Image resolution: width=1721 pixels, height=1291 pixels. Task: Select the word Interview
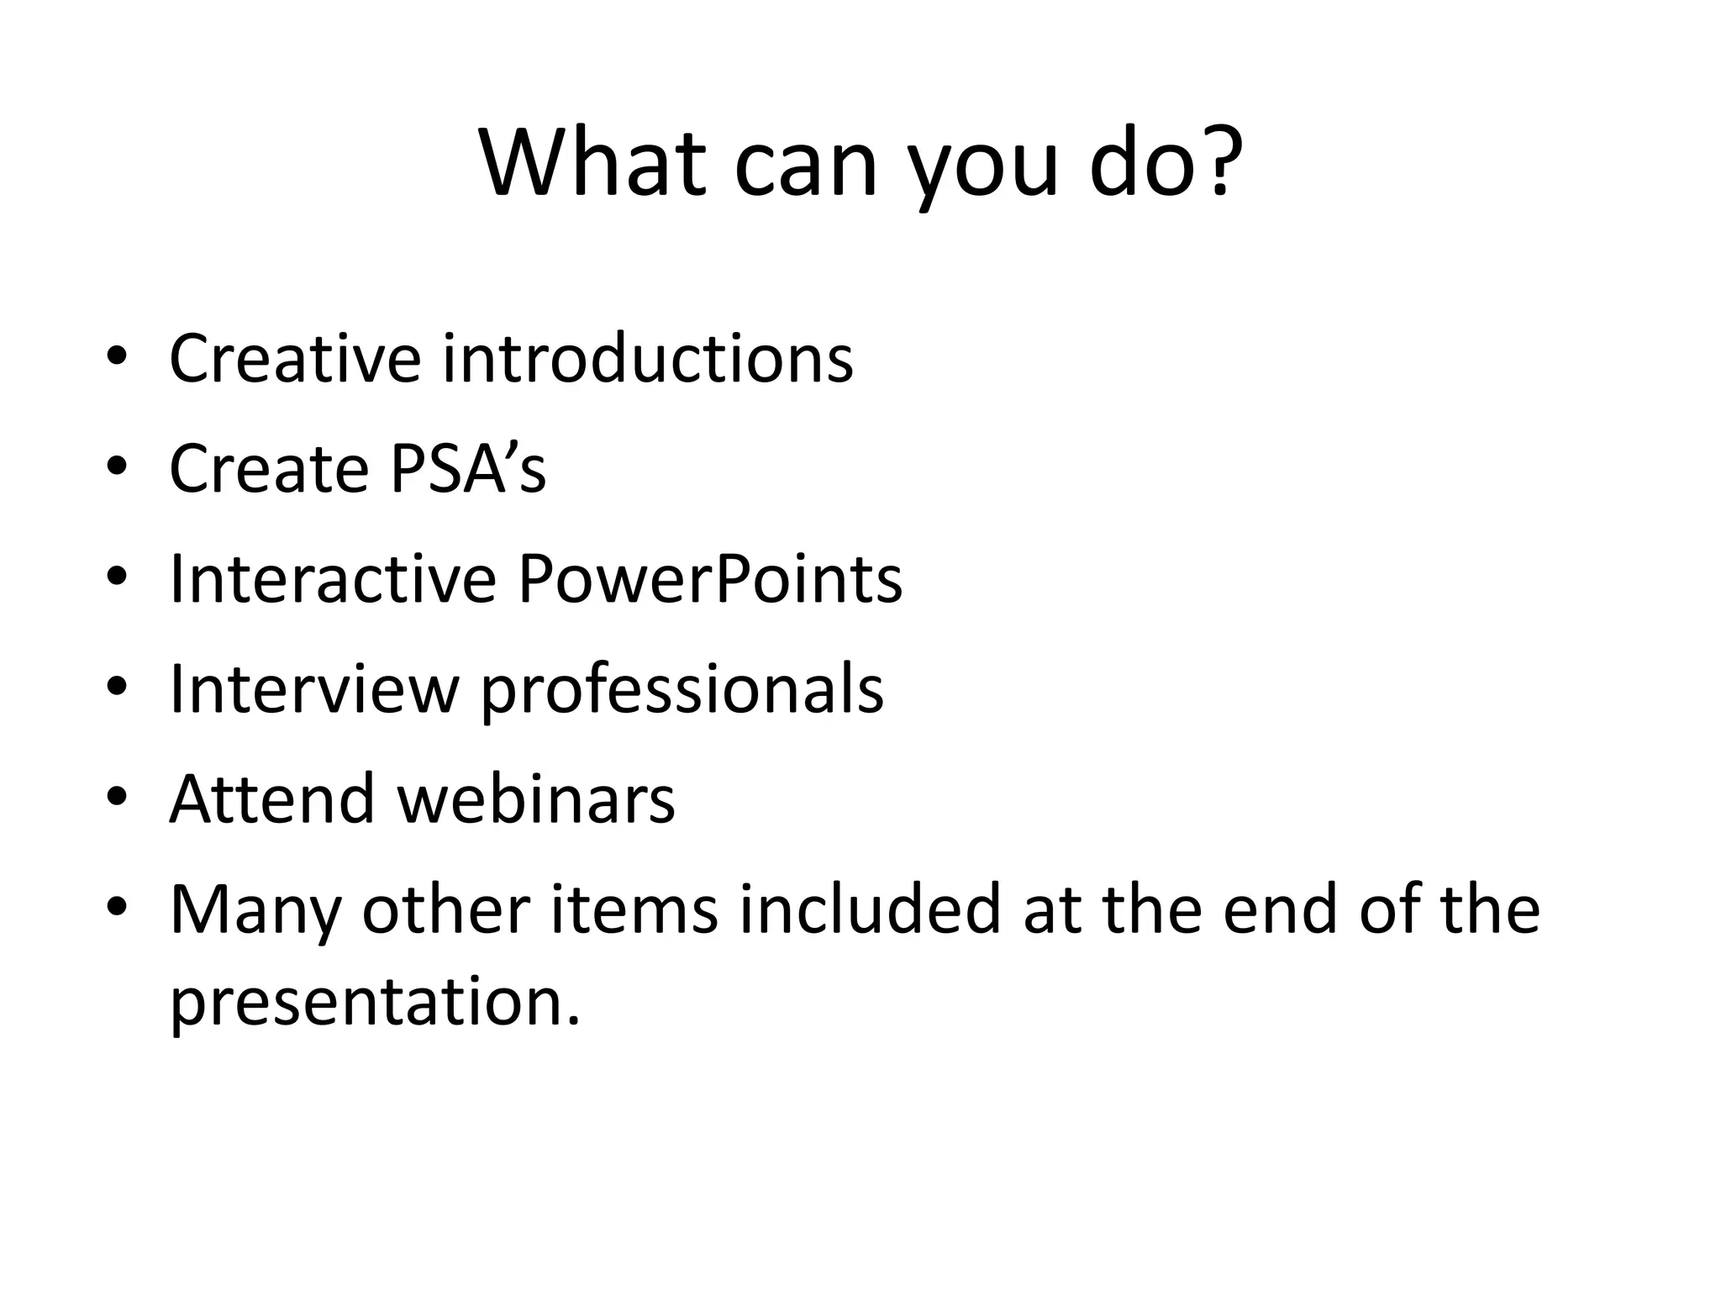click(x=314, y=689)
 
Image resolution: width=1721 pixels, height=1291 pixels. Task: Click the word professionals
click(x=682, y=691)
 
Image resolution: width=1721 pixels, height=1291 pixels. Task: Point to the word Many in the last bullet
click(x=255, y=911)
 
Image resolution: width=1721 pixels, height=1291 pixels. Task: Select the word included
click(x=870, y=909)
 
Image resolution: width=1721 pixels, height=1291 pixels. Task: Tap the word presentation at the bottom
click(x=375, y=1004)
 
